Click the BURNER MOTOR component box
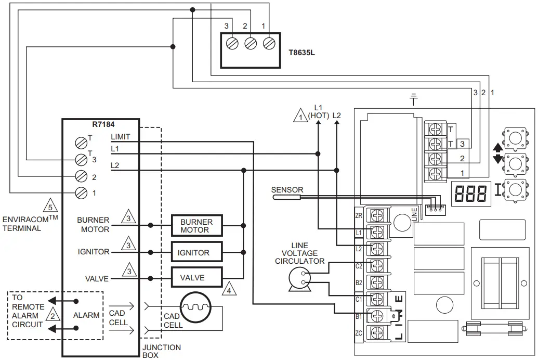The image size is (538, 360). [x=197, y=226]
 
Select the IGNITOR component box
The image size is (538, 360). [x=197, y=252]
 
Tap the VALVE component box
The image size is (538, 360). [x=197, y=277]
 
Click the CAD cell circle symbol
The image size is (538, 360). [x=196, y=307]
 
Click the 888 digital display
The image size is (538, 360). [x=470, y=192]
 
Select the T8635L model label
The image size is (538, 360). [x=301, y=53]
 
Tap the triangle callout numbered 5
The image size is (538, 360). [x=49, y=206]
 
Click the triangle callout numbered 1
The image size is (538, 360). [x=300, y=115]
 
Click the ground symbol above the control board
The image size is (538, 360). [x=414, y=99]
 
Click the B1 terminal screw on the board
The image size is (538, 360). [x=376, y=316]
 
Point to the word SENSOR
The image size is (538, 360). [x=287, y=190]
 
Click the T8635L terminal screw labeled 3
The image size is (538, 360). [x=232, y=44]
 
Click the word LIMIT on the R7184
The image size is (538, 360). [x=121, y=137]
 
